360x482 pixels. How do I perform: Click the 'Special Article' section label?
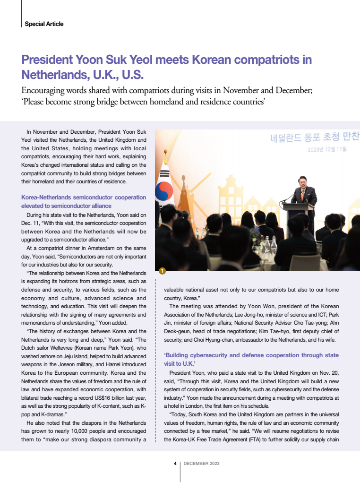pos(44,24)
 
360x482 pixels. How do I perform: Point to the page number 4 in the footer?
pos(175,464)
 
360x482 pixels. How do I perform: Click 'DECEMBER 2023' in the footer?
pos(201,464)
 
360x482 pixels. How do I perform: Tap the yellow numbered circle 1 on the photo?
pos(162,271)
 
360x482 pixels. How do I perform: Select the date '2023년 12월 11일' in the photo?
pos(327,150)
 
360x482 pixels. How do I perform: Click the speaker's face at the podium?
pos(300,181)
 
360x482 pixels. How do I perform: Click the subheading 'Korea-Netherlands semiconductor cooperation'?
pos(84,198)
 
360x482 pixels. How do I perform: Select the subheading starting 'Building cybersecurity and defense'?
pos(251,355)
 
